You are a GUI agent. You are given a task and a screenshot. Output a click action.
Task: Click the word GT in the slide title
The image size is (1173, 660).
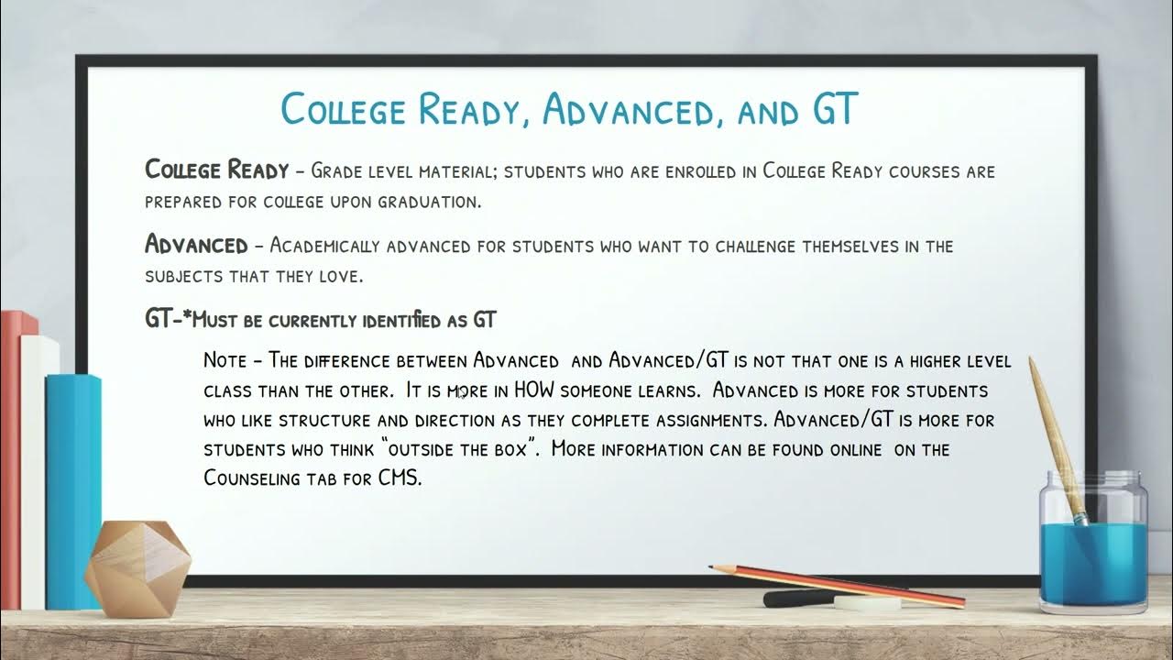tap(833, 110)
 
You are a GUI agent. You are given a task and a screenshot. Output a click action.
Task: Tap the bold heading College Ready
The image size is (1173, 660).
tap(217, 170)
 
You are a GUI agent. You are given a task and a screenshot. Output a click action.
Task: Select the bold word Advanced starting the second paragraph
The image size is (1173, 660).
tap(196, 246)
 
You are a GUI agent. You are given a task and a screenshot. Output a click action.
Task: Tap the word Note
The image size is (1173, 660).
tap(225, 360)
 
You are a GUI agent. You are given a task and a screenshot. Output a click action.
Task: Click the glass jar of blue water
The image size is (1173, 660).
tap(1092, 545)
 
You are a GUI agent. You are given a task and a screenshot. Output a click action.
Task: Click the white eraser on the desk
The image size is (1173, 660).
tap(864, 602)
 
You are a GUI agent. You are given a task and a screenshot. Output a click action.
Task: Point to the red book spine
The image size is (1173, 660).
tap(10, 458)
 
